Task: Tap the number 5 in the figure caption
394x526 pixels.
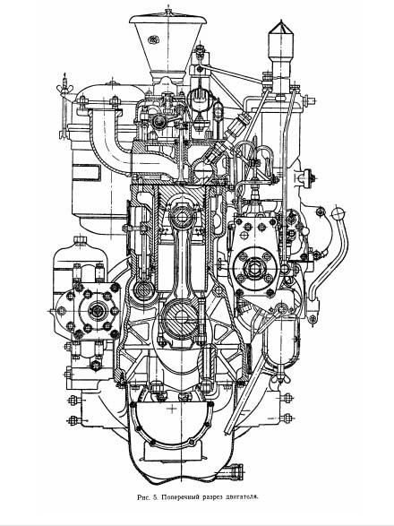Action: (x=155, y=496)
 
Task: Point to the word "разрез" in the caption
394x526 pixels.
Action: (x=212, y=496)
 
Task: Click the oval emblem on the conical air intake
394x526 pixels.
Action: (x=153, y=39)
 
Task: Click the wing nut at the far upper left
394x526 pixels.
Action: (x=64, y=88)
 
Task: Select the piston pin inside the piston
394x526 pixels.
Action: (x=182, y=216)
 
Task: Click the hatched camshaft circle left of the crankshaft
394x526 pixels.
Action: (x=144, y=290)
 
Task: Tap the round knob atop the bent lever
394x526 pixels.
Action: (x=338, y=214)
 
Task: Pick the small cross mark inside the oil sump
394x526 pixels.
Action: (x=173, y=409)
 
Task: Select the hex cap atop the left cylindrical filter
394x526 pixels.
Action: (x=80, y=239)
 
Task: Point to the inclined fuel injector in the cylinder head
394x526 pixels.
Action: (x=227, y=137)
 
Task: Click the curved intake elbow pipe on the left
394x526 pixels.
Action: (x=111, y=141)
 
